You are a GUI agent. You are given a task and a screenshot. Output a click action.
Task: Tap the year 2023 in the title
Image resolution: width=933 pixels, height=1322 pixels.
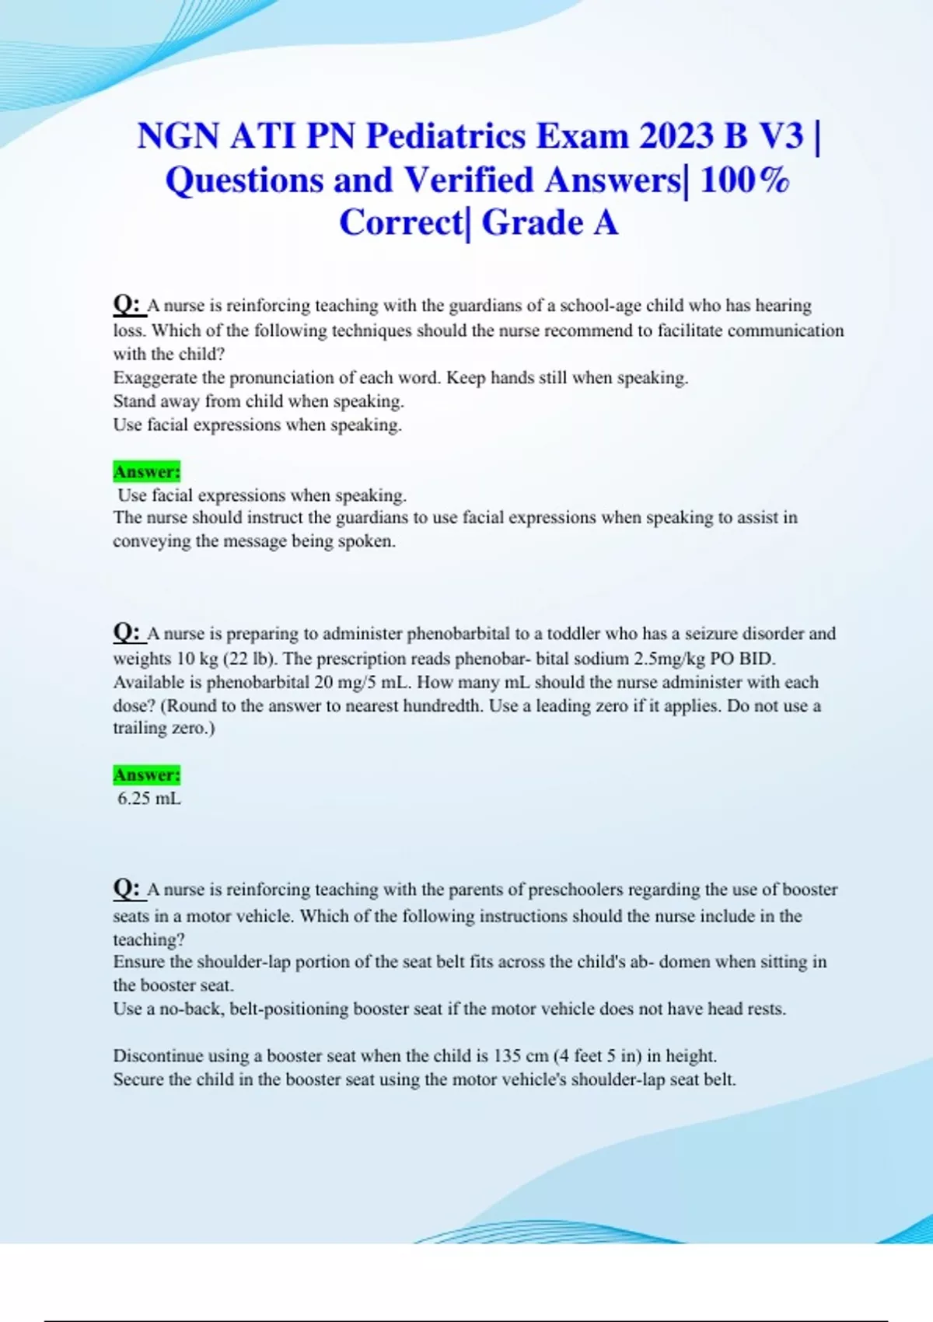676,136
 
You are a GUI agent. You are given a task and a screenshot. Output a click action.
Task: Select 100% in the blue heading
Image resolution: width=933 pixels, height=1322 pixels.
744,180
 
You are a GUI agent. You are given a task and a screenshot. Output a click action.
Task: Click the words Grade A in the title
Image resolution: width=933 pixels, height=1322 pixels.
550,223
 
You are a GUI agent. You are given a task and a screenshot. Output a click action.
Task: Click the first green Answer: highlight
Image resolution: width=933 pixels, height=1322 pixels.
146,472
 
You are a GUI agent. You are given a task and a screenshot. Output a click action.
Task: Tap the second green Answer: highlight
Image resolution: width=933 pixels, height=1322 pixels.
146,775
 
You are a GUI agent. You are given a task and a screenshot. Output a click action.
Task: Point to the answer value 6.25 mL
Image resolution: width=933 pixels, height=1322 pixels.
149,799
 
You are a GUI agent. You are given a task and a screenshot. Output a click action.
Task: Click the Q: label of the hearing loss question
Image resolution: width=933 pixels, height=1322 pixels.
126,304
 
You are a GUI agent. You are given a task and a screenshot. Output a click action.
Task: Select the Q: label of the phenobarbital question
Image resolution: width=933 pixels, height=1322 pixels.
126,632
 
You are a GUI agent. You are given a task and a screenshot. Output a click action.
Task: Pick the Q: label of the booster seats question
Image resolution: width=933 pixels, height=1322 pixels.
126,888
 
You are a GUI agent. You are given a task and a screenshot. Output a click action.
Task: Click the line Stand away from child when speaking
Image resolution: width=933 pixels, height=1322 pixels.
258,401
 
